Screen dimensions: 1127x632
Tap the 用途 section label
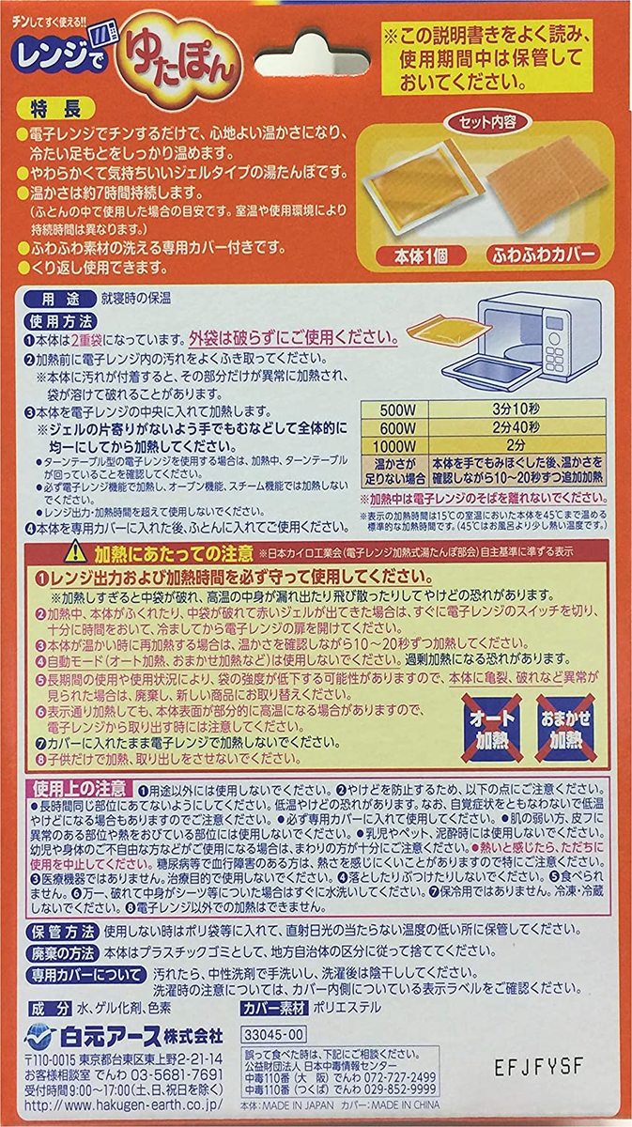pyautogui.click(x=50, y=301)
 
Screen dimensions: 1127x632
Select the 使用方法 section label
pyautogui.click(x=55, y=320)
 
